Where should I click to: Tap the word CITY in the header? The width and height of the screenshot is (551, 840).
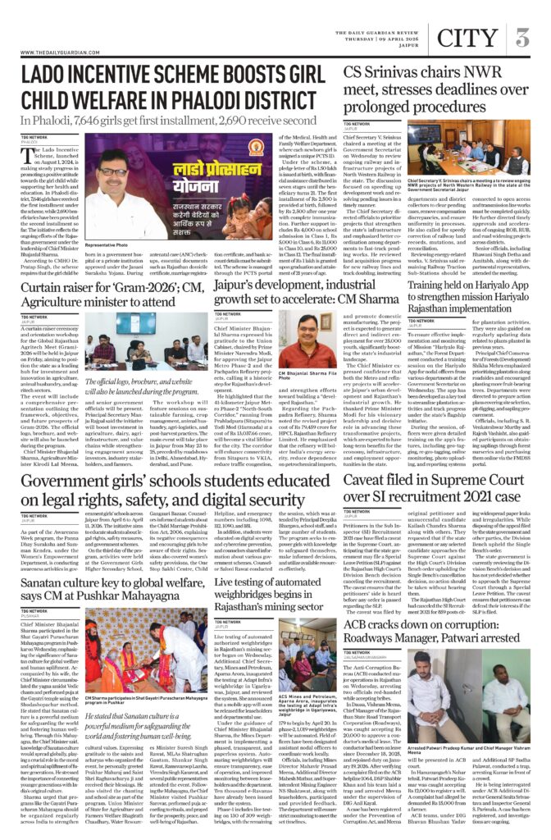pyautogui.click(x=467, y=38)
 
